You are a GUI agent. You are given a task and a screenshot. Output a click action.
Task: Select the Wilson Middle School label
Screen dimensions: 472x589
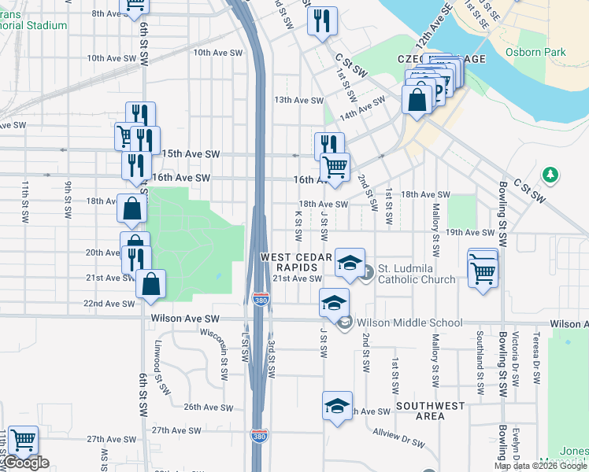click(409, 323)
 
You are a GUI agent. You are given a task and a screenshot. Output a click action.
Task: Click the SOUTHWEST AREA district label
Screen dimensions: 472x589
click(431, 411)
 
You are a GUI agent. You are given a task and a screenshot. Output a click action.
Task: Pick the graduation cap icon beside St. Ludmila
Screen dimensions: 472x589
click(350, 262)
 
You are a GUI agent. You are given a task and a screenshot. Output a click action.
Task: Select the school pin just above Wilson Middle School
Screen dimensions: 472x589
click(335, 302)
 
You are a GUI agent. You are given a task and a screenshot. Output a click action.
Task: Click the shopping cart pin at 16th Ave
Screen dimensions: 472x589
click(335, 168)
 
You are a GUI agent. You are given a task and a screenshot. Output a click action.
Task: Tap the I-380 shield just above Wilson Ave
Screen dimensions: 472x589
click(259, 300)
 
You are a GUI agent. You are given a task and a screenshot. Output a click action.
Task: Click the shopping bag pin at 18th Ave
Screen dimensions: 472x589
click(132, 208)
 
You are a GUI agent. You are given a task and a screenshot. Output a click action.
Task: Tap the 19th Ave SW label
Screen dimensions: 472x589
click(470, 232)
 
